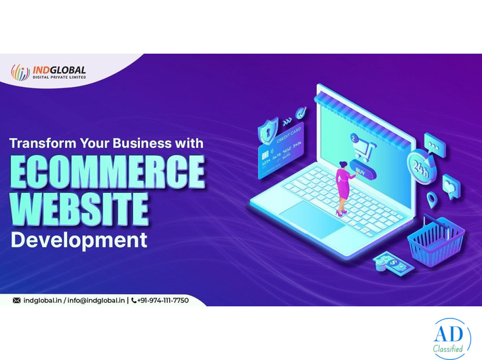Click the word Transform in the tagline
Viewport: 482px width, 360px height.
pos(42,144)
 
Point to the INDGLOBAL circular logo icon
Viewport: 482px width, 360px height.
pos(20,71)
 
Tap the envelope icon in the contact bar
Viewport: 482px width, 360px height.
pos(16,300)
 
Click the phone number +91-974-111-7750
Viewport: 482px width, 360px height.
pos(163,300)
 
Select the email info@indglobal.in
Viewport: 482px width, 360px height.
pos(97,300)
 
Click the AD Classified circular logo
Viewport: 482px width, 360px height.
pos(451,338)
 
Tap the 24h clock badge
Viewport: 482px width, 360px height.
pos(418,165)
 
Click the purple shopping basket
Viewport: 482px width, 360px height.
pos(435,242)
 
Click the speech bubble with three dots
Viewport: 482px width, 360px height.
pos(434,141)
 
